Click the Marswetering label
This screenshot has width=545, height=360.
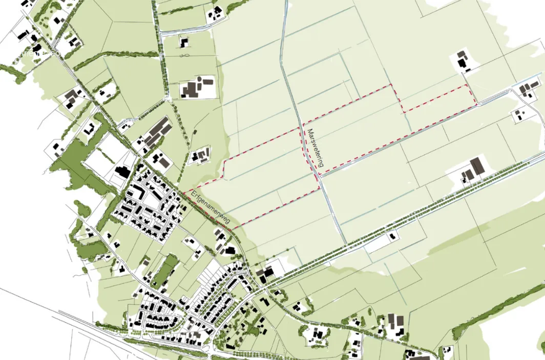tap(315, 149)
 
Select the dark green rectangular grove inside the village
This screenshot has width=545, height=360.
tap(165, 270)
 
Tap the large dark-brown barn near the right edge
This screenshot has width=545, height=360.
tap(476, 167)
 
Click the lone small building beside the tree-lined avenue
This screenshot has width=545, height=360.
tap(392, 236)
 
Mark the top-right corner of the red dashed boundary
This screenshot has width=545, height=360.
tap(467, 85)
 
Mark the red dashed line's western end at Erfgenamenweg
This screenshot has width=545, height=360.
tap(183, 193)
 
